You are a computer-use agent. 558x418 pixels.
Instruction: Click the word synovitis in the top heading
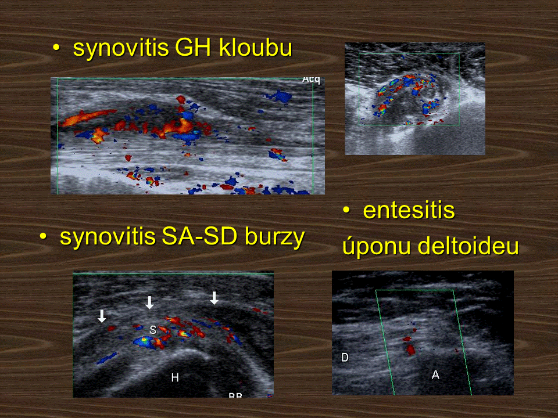(x=120, y=48)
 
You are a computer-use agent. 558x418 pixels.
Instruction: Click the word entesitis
(x=409, y=210)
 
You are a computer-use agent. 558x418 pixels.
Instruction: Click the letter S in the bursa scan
(x=153, y=330)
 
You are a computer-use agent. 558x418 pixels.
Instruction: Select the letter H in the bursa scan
(x=175, y=377)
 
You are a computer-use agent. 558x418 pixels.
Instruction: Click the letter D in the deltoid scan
(x=345, y=357)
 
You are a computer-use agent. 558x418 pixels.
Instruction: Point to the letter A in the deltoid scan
(x=435, y=374)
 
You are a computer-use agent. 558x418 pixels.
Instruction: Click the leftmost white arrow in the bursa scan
(x=102, y=316)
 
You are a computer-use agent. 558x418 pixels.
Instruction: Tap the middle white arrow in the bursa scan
(x=149, y=302)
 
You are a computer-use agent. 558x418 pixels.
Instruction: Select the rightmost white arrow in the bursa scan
(x=214, y=298)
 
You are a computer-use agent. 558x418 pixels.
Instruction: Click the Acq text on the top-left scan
(x=311, y=80)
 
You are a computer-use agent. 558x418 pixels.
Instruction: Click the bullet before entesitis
(x=346, y=210)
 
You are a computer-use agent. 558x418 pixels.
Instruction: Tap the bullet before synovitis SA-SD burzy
(x=43, y=236)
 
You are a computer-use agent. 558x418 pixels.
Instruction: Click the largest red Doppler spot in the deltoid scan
(x=411, y=349)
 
